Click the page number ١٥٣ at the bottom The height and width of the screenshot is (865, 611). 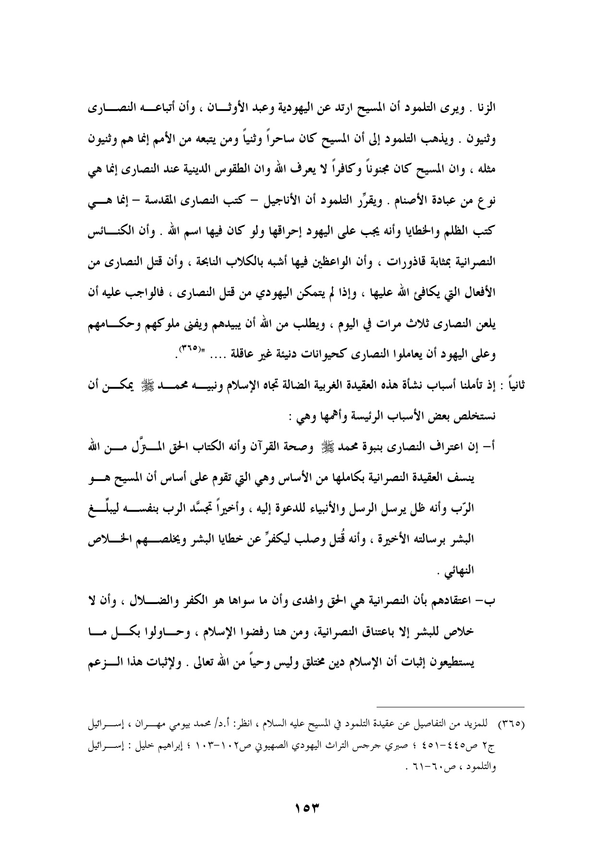[305, 804]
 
